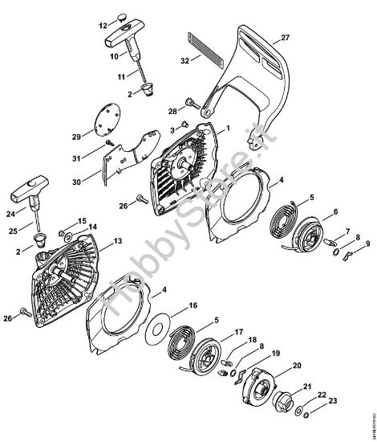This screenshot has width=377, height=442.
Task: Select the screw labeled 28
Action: (192, 102)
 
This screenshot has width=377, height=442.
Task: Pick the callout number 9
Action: (367, 244)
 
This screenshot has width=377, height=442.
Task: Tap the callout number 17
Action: (238, 331)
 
